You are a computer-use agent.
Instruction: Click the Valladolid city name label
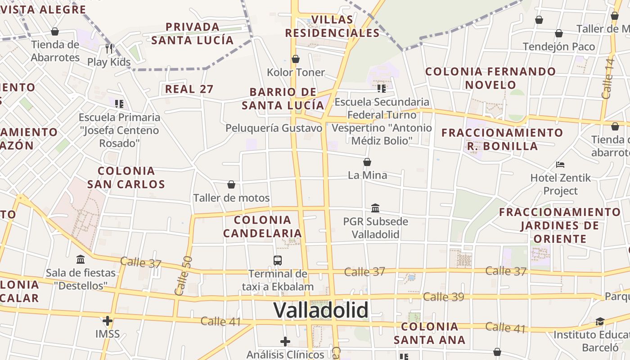(x=321, y=310)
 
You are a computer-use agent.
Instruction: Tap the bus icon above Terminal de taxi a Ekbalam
(x=278, y=260)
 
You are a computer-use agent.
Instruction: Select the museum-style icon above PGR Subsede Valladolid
(x=375, y=208)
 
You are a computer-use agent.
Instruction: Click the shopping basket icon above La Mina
(x=367, y=162)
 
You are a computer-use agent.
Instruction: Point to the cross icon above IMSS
(x=107, y=321)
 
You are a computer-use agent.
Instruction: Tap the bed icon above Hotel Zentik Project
(x=560, y=164)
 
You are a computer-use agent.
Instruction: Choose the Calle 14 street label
(x=608, y=78)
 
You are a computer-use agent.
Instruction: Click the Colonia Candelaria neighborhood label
(x=263, y=226)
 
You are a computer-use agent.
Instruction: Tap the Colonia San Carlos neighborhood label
(x=126, y=177)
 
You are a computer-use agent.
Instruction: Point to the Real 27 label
(x=189, y=89)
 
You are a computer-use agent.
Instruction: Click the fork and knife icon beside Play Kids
(x=109, y=48)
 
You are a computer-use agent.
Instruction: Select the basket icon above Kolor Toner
(x=296, y=59)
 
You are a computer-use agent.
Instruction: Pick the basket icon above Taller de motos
(x=231, y=184)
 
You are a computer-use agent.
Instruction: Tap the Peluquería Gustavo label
(x=274, y=128)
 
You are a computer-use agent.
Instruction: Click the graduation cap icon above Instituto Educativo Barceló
(x=600, y=321)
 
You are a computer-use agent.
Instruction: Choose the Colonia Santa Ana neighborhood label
(x=429, y=333)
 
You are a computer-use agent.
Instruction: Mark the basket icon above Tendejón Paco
(x=559, y=33)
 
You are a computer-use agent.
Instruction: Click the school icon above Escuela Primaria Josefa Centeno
(x=119, y=104)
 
